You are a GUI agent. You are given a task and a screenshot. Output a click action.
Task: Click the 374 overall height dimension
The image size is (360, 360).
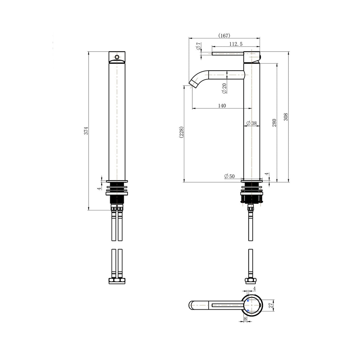click(86, 131)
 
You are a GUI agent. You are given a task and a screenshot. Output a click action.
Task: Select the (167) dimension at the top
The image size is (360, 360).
click(224, 36)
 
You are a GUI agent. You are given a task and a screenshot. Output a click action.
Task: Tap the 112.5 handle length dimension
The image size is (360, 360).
click(236, 44)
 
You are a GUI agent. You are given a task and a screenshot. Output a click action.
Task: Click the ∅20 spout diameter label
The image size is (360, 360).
click(224, 88)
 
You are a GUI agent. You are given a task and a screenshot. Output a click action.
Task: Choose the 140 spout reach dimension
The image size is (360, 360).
click(222, 106)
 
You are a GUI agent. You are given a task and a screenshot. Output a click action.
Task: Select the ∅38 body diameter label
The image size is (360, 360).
click(252, 123)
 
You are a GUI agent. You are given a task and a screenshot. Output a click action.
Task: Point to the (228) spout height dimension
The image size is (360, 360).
click(181, 132)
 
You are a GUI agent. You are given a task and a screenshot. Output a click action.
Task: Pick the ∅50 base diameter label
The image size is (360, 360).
click(229, 176)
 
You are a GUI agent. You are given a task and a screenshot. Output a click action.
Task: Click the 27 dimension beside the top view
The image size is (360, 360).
click(271, 305)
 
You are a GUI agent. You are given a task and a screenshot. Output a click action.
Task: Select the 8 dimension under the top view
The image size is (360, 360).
click(245, 319)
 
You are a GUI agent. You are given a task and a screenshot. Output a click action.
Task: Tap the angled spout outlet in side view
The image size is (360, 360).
click(194, 82)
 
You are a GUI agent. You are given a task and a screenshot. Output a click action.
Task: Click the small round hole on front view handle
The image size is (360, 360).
click(117, 57)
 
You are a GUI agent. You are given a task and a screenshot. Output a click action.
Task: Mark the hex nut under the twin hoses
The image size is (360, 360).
click(117, 281)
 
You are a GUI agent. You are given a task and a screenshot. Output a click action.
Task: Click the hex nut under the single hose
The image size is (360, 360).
click(250, 280)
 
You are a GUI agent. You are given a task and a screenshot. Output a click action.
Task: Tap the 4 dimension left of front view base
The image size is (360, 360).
click(99, 188)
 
